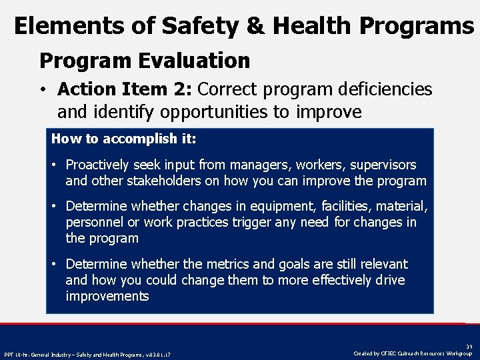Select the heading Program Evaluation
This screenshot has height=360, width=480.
click(x=145, y=61)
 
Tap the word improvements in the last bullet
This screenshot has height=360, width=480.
click(x=107, y=296)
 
